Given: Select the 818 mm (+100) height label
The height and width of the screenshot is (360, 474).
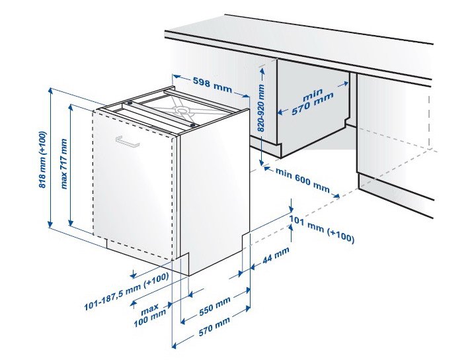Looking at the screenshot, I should pyautogui.click(x=42, y=159).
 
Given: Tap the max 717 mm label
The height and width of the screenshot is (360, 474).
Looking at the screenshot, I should pyautogui.click(x=64, y=163).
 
